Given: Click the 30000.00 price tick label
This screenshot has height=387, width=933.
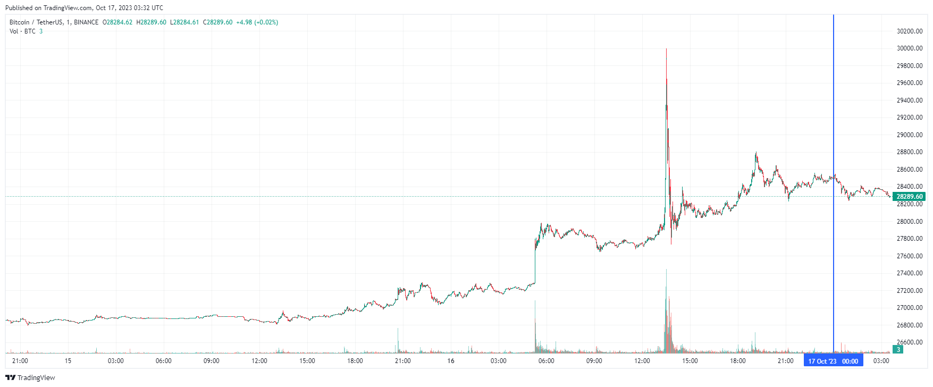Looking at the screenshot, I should [x=909, y=48].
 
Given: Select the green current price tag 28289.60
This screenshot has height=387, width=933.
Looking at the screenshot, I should [x=909, y=197].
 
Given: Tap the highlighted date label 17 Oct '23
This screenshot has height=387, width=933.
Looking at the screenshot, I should [x=822, y=361].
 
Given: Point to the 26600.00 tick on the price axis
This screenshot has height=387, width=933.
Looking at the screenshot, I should [x=909, y=342].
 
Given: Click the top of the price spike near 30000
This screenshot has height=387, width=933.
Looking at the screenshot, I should [x=666, y=49].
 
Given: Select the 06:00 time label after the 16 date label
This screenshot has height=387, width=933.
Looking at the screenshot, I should [x=546, y=361].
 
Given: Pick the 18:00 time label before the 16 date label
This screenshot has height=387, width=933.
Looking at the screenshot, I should [x=355, y=361].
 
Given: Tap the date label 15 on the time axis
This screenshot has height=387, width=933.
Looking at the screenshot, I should [x=68, y=361].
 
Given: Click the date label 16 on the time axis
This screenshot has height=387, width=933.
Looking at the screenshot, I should [x=451, y=361].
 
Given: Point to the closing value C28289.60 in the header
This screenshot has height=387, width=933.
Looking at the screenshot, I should [x=217, y=22].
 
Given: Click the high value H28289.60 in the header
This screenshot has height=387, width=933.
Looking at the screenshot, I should [x=151, y=22].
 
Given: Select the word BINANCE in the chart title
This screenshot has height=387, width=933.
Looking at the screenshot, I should [x=86, y=22].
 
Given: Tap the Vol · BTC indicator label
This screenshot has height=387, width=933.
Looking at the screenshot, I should [x=22, y=31].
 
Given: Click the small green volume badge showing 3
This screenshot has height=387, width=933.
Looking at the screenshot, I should [x=898, y=350].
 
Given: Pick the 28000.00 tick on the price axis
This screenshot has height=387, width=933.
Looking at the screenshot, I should [x=909, y=221].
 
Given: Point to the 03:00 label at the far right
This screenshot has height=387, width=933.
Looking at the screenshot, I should [x=881, y=361].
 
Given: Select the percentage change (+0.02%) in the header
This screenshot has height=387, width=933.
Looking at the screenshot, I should [x=266, y=22].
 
